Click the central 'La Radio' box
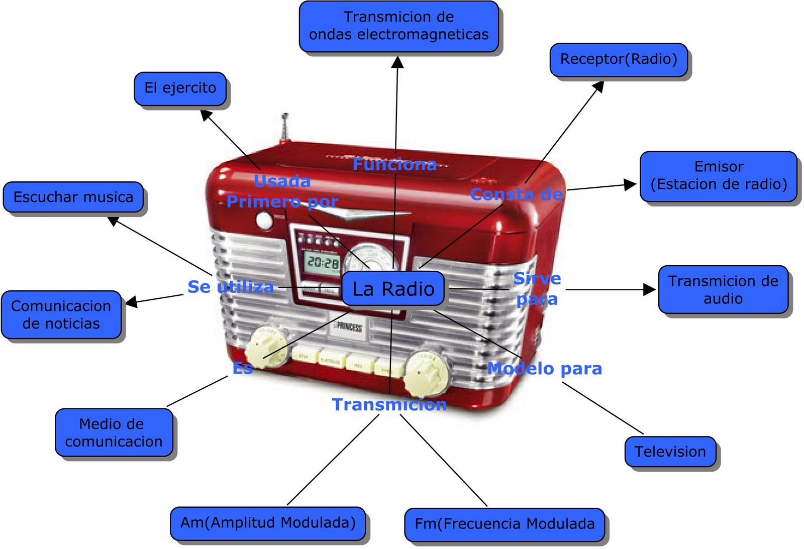point(393,289)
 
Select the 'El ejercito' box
point(180,88)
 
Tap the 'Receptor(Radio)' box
point(618,60)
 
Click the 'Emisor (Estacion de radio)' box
point(718,176)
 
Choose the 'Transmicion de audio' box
point(723,290)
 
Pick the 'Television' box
point(670,452)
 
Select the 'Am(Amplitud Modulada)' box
point(268,523)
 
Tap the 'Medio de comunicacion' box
point(114,432)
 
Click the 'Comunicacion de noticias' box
point(61,314)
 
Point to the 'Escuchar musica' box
point(73,197)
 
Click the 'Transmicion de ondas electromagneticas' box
point(398,26)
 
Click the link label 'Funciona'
point(394,164)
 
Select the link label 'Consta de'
point(516,194)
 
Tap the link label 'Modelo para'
point(545,369)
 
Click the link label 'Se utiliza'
point(231,287)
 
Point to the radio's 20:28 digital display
point(323,262)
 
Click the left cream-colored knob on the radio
point(265,346)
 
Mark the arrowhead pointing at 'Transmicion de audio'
point(649,289)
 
